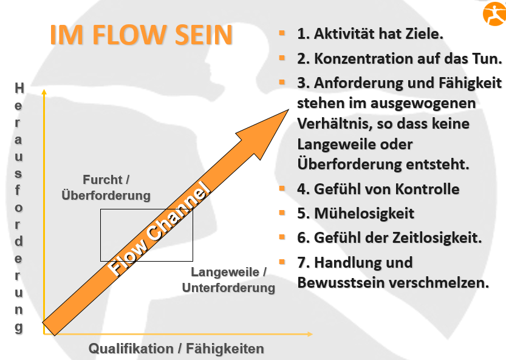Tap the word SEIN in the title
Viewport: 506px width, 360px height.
coord(202,35)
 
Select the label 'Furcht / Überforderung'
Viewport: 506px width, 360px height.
coord(106,188)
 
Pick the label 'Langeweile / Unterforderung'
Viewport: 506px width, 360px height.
coord(228,280)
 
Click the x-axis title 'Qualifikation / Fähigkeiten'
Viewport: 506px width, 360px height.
coord(176,348)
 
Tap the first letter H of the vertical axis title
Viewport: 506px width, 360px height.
coord(19,88)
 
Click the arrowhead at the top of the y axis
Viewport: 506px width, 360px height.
coord(44,92)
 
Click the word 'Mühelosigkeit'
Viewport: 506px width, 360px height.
coord(364,213)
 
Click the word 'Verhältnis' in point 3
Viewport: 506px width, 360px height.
coord(330,124)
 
